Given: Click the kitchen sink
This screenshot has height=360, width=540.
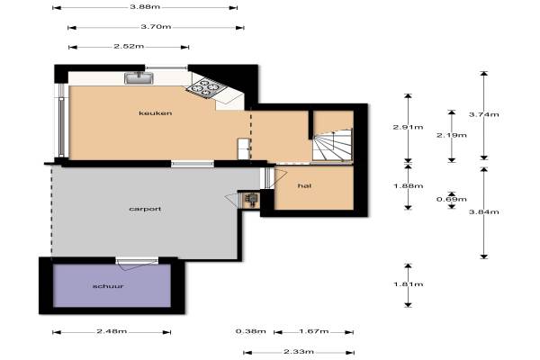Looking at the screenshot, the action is [x=139, y=78].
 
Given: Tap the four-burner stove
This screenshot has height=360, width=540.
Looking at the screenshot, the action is [x=205, y=87].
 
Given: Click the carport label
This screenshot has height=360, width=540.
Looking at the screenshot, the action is [x=145, y=209].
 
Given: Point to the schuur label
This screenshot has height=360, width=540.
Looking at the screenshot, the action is [x=108, y=286].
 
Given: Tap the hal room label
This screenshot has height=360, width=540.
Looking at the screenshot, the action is [x=304, y=185].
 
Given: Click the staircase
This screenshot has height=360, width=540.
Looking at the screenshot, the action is [x=333, y=145].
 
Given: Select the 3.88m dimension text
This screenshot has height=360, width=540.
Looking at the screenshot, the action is [x=145, y=6].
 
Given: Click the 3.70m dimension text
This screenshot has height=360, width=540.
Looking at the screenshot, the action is [x=156, y=26].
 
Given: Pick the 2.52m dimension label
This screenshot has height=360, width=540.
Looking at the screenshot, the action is [x=129, y=46].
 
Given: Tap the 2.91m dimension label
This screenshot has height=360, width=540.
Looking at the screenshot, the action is [x=408, y=127].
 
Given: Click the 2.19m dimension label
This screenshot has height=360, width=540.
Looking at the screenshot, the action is [x=452, y=135].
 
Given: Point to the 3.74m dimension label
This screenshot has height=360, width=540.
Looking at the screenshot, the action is [x=484, y=114].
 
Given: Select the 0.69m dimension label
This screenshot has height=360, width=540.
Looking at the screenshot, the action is [x=452, y=199].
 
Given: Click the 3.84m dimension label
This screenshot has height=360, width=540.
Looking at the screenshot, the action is [x=484, y=211].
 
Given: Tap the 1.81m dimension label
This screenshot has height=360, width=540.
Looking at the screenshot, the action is [x=408, y=284].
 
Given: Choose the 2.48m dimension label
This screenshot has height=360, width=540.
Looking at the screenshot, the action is [x=112, y=331].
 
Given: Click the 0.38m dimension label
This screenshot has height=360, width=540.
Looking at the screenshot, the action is [x=251, y=331].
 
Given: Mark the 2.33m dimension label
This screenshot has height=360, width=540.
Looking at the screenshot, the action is [x=299, y=352].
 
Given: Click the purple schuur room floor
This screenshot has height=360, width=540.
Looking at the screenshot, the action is [x=112, y=285].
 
